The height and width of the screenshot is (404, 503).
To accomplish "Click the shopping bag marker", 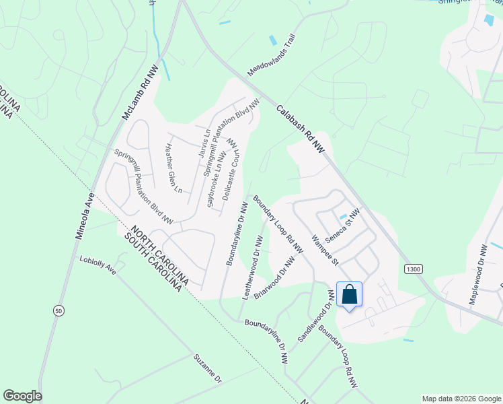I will [350, 294].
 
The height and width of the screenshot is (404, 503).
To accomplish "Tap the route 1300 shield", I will [414, 269].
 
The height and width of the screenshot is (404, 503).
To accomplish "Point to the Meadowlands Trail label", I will [272, 55].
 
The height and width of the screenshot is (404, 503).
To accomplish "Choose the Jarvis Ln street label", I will [203, 143].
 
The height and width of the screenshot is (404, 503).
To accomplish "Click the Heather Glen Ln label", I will [173, 169].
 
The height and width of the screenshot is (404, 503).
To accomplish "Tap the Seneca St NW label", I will [343, 226].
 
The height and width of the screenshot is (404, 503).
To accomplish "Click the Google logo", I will [22, 396].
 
